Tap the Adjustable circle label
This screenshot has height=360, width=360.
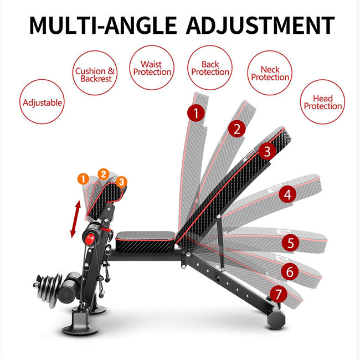(x=42, y=102)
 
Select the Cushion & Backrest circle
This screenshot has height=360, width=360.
(x=95, y=75)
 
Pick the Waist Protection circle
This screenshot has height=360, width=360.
(x=152, y=68)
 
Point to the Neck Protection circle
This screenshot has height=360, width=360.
(x=270, y=73)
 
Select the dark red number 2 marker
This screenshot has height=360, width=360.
(x=237, y=130)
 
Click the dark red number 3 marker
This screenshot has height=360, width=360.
(x=266, y=151)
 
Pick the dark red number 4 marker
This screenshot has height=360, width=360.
(x=287, y=194)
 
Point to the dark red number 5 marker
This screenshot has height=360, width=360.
(x=291, y=243)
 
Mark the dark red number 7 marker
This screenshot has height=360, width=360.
(x=279, y=294)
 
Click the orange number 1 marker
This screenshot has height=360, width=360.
(x=83, y=178)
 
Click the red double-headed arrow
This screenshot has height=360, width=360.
(x=75, y=219)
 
